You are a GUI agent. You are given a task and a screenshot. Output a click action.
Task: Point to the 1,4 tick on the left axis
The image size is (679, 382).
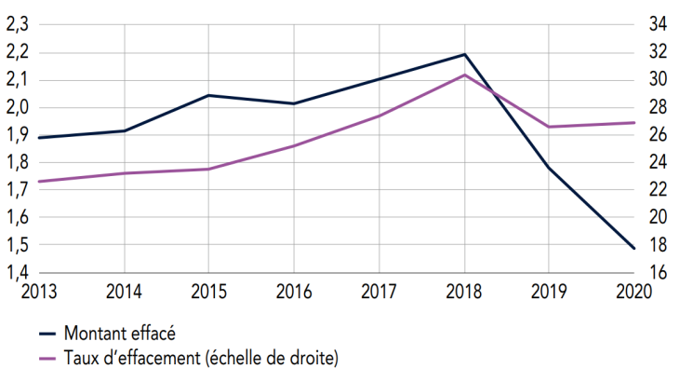(x=16, y=273)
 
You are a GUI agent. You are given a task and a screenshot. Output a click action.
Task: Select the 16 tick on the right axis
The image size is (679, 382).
(x=658, y=273)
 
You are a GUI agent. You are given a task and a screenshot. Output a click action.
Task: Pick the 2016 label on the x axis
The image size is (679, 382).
(x=294, y=291)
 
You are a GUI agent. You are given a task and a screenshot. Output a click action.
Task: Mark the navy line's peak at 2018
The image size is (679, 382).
(x=465, y=54)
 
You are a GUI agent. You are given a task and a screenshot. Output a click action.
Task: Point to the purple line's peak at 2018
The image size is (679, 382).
(x=465, y=75)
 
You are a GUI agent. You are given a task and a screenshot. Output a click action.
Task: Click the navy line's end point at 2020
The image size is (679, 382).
(x=635, y=249)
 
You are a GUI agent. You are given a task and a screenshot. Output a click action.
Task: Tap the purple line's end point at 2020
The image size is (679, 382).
(x=635, y=122)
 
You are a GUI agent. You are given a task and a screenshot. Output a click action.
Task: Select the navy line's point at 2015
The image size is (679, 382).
(x=208, y=95)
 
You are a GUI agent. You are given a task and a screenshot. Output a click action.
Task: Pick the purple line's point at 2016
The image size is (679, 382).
(x=294, y=145)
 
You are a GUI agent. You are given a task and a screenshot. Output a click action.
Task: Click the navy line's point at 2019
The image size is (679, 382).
(x=550, y=168)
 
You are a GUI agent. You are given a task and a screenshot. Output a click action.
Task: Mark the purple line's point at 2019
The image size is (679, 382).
(x=550, y=127)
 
